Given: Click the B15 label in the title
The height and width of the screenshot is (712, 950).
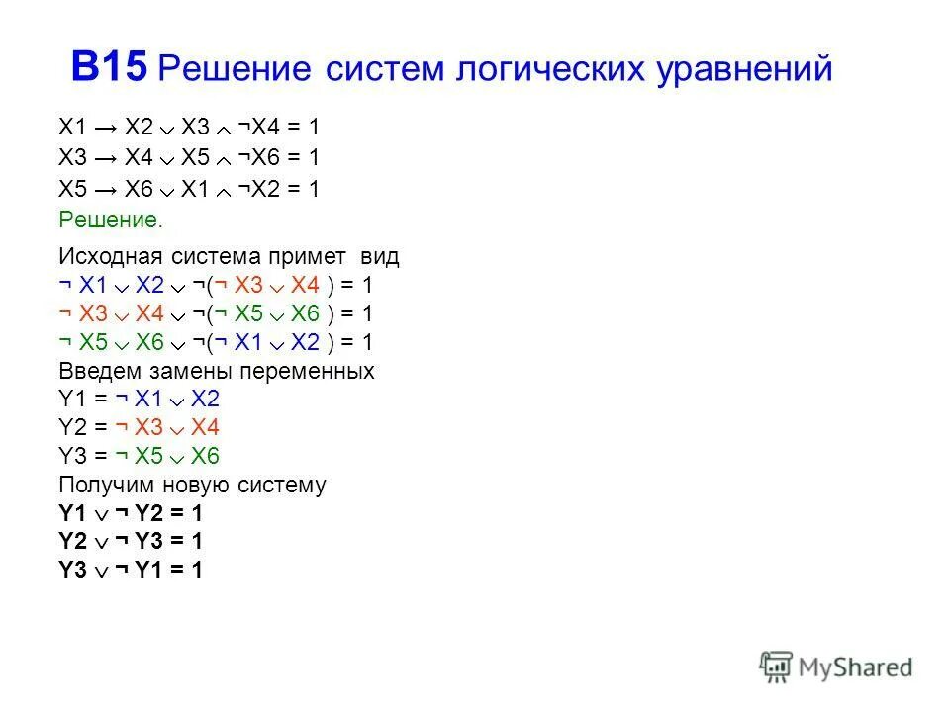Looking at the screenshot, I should tap(109, 67).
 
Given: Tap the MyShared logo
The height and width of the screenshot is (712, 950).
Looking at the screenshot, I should tap(836, 667).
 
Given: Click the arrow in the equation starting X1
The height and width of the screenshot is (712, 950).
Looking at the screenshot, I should tap(109, 128).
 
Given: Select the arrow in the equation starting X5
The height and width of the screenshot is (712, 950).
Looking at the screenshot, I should tap(109, 189).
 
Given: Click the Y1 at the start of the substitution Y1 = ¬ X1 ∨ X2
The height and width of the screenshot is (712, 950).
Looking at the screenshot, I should tap(73, 400).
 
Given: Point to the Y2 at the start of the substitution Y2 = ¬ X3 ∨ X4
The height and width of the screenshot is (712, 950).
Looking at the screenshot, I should tap(73, 428).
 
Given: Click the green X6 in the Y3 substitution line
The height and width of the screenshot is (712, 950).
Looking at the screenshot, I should tap(205, 456).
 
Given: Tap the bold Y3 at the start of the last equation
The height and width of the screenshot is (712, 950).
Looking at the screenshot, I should tap(73, 570).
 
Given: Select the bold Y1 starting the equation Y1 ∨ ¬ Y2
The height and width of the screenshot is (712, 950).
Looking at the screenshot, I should tap(73, 513).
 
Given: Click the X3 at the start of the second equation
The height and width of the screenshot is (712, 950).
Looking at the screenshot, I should tap(73, 158).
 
